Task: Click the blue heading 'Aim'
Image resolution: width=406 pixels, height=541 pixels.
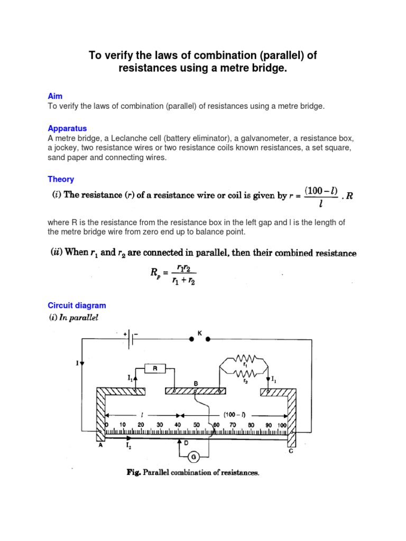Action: (54, 97)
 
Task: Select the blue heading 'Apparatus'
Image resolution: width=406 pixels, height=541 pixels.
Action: (67, 128)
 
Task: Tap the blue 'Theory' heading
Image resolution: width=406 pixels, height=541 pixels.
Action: (61, 179)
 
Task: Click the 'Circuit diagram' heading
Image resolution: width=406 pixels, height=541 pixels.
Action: (77, 305)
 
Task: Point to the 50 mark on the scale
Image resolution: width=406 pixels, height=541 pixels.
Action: (196, 424)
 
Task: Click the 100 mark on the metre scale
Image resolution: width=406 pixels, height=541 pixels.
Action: (281, 424)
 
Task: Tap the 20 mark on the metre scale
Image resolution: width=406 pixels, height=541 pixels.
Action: (141, 424)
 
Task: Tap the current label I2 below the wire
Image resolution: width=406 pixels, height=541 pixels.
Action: (128, 445)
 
